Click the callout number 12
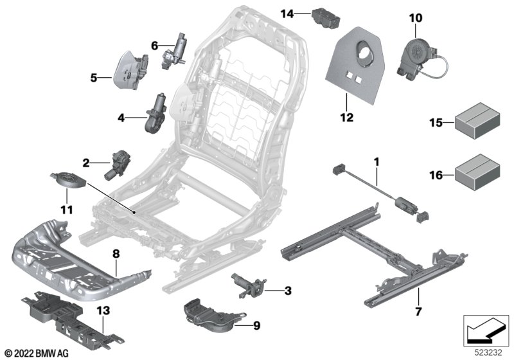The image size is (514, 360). pyautogui.click(x=347, y=117)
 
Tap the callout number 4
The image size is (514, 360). pyautogui.click(x=121, y=118)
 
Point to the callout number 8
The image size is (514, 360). pyautogui.click(x=116, y=255)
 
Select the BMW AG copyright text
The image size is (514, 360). pyautogui.click(x=36, y=352)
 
